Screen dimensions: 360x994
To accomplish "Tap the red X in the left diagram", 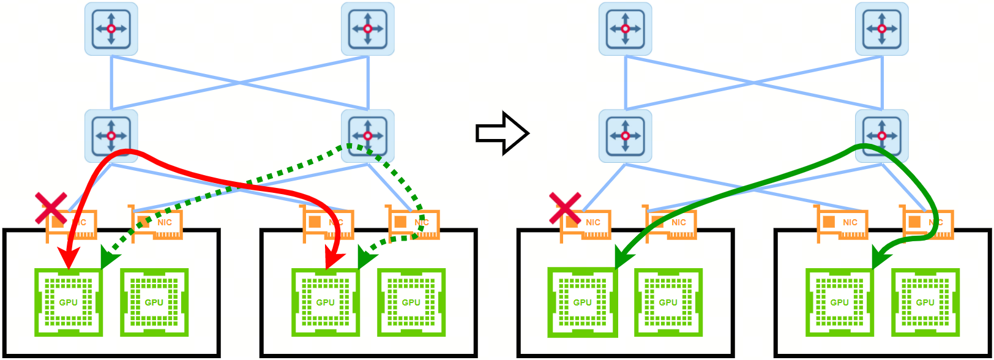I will [51, 208].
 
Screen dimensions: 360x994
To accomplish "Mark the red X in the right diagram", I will [565, 208].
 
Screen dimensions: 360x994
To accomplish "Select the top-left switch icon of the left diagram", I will [111, 29].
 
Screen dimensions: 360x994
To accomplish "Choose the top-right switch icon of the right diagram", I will [881, 29].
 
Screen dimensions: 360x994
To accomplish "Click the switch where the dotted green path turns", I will [367, 136].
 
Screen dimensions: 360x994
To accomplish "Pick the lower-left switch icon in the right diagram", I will [625, 136].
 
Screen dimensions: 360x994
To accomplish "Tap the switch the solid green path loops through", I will [881, 136].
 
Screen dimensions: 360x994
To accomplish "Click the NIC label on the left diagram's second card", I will [165, 222].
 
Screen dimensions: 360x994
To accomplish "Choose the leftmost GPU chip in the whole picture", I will [68, 302].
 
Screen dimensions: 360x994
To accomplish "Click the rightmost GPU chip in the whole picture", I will [925, 302].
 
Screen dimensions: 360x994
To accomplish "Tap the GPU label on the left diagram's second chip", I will [154, 302].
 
